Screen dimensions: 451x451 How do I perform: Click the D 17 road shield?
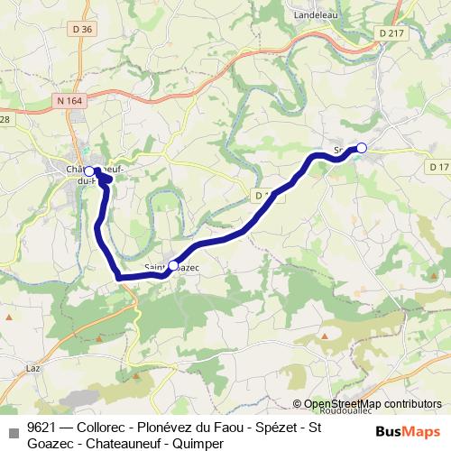439,167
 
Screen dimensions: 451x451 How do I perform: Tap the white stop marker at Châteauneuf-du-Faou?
89,170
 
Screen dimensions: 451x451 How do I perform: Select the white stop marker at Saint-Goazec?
173,266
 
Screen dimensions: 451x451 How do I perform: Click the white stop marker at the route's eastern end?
362,148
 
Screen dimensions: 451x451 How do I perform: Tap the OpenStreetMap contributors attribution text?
372,405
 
